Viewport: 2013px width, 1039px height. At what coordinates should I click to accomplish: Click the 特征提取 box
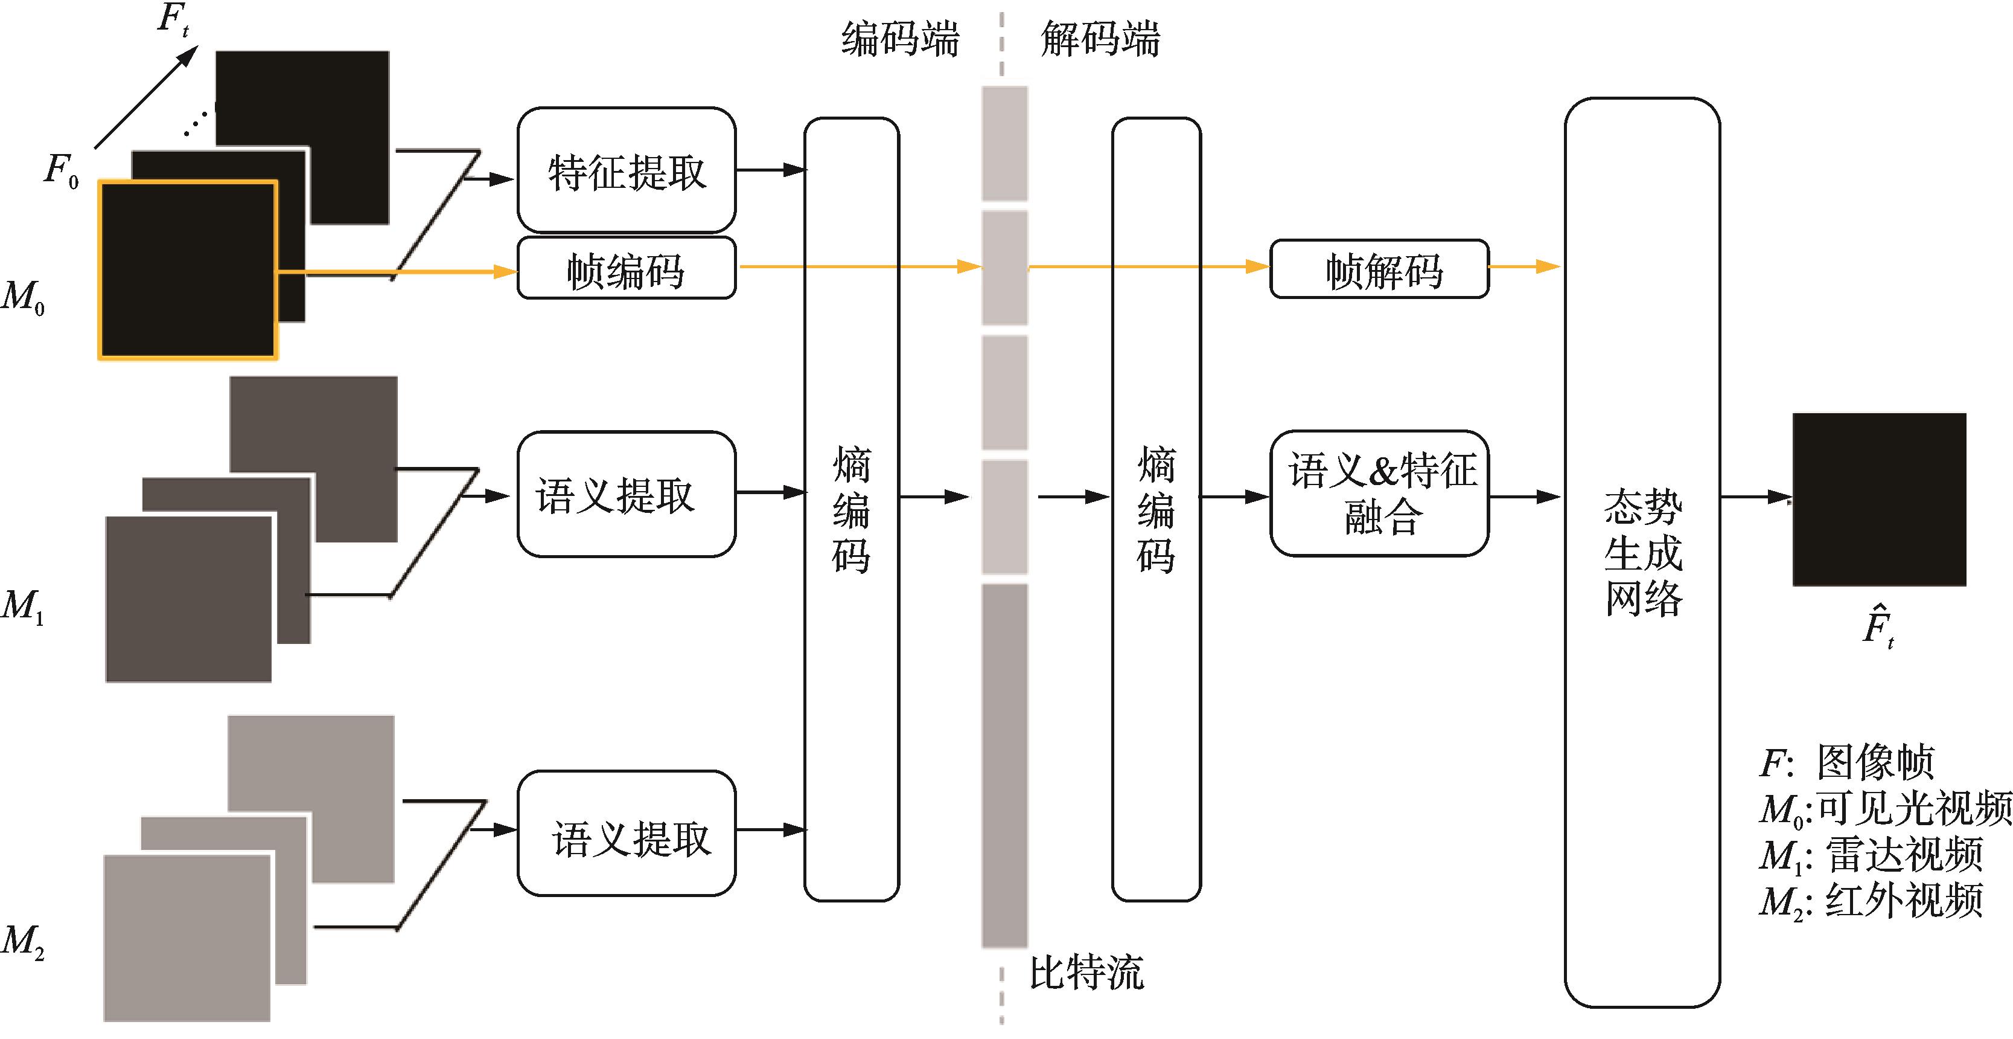(x=626, y=170)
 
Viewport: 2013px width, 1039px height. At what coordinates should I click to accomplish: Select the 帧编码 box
(x=626, y=269)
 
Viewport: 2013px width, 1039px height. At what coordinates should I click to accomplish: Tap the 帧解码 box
(x=1379, y=269)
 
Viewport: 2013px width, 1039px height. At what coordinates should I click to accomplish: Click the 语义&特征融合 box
(x=1379, y=494)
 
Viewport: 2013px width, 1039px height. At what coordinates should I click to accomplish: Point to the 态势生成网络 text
(x=1642, y=553)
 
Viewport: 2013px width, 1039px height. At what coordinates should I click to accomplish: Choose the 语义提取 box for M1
(x=626, y=494)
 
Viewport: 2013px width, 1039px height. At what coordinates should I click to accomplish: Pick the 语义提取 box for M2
(x=626, y=834)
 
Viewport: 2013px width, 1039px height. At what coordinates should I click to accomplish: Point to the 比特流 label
(x=1086, y=973)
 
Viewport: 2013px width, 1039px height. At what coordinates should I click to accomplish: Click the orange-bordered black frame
(x=188, y=271)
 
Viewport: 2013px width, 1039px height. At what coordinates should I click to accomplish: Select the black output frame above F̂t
(x=1878, y=500)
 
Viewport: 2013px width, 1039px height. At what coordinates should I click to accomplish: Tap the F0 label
(x=61, y=170)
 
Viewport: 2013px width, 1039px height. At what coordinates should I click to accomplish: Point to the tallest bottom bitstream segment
(x=1005, y=765)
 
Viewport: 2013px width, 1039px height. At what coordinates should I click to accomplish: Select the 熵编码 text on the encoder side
(x=851, y=510)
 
